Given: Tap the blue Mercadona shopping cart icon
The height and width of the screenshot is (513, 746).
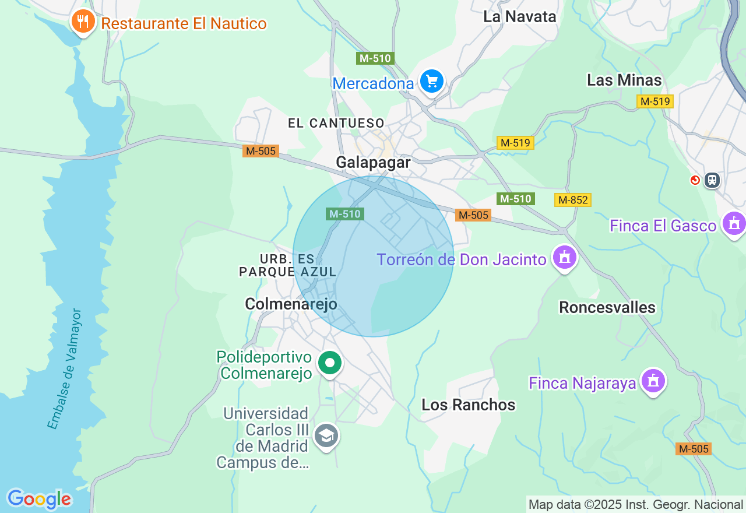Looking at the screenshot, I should pyautogui.click(x=431, y=81).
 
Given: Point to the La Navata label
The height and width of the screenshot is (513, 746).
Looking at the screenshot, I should pyautogui.click(x=520, y=17).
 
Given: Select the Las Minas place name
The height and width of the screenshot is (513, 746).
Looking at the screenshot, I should pyautogui.click(x=624, y=80).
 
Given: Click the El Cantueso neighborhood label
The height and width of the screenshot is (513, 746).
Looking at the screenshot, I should pyautogui.click(x=336, y=123).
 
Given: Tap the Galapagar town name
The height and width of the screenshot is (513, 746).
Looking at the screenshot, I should pyautogui.click(x=373, y=162).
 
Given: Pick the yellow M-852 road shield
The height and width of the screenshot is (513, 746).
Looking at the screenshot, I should pyautogui.click(x=572, y=200).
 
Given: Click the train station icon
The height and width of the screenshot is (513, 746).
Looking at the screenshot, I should pyautogui.click(x=712, y=180).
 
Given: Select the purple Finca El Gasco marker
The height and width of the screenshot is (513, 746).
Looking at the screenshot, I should pyautogui.click(x=733, y=223).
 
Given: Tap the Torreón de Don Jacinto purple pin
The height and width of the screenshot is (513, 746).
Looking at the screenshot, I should pyautogui.click(x=564, y=257).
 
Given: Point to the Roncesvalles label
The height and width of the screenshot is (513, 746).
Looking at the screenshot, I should pyautogui.click(x=607, y=307).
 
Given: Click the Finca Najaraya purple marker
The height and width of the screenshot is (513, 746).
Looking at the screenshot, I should pyautogui.click(x=653, y=381).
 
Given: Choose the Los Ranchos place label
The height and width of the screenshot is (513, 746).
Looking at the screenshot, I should pyautogui.click(x=469, y=405).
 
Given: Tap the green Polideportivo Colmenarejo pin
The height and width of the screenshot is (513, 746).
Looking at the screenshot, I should pyautogui.click(x=330, y=363).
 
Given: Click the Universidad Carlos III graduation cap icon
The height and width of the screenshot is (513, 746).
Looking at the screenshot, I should pyautogui.click(x=326, y=435).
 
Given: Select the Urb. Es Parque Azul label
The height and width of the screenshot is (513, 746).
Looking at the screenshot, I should pyautogui.click(x=288, y=265).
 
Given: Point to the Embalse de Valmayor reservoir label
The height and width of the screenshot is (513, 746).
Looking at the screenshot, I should pyautogui.click(x=65, y=370).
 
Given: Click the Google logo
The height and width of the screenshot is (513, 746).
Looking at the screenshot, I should pyautogui.click(x=39, y=499).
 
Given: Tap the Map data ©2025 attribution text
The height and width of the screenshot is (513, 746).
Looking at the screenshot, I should pyautogui.click(x=635, y=504).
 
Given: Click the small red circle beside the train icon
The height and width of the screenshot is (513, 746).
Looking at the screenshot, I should pyautogui.click(x=695, y=180).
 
